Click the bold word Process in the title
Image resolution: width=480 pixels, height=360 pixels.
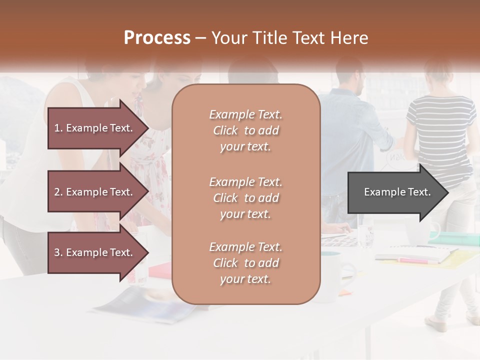pos(157,38)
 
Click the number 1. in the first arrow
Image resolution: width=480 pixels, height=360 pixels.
pos(58,128)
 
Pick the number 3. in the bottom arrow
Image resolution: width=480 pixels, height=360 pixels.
pos(58,252)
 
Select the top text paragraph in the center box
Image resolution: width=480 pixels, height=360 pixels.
pos(245,130)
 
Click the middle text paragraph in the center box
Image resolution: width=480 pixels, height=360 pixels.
pos(245,198)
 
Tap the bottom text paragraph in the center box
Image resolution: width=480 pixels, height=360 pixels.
pos(245,263)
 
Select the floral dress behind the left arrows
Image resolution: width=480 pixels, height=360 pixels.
pos(155,170)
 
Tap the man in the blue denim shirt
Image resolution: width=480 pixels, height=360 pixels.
pos(355,125)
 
